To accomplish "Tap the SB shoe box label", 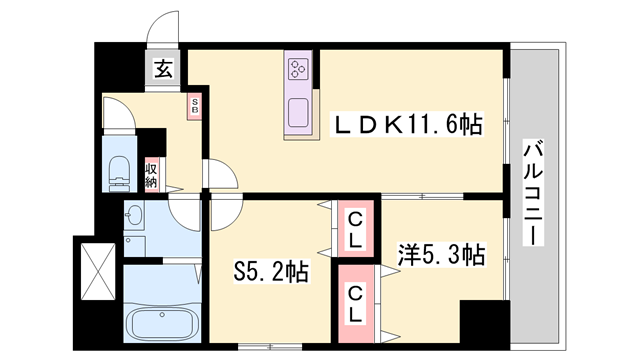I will click(x=195, y=107).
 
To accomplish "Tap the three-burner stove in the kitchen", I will click(x=298, y=69).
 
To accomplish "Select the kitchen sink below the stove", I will click(x=298, y=113).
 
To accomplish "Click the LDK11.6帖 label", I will click(x=407, y=124).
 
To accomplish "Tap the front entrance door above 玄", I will click(x=160, y=35).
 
